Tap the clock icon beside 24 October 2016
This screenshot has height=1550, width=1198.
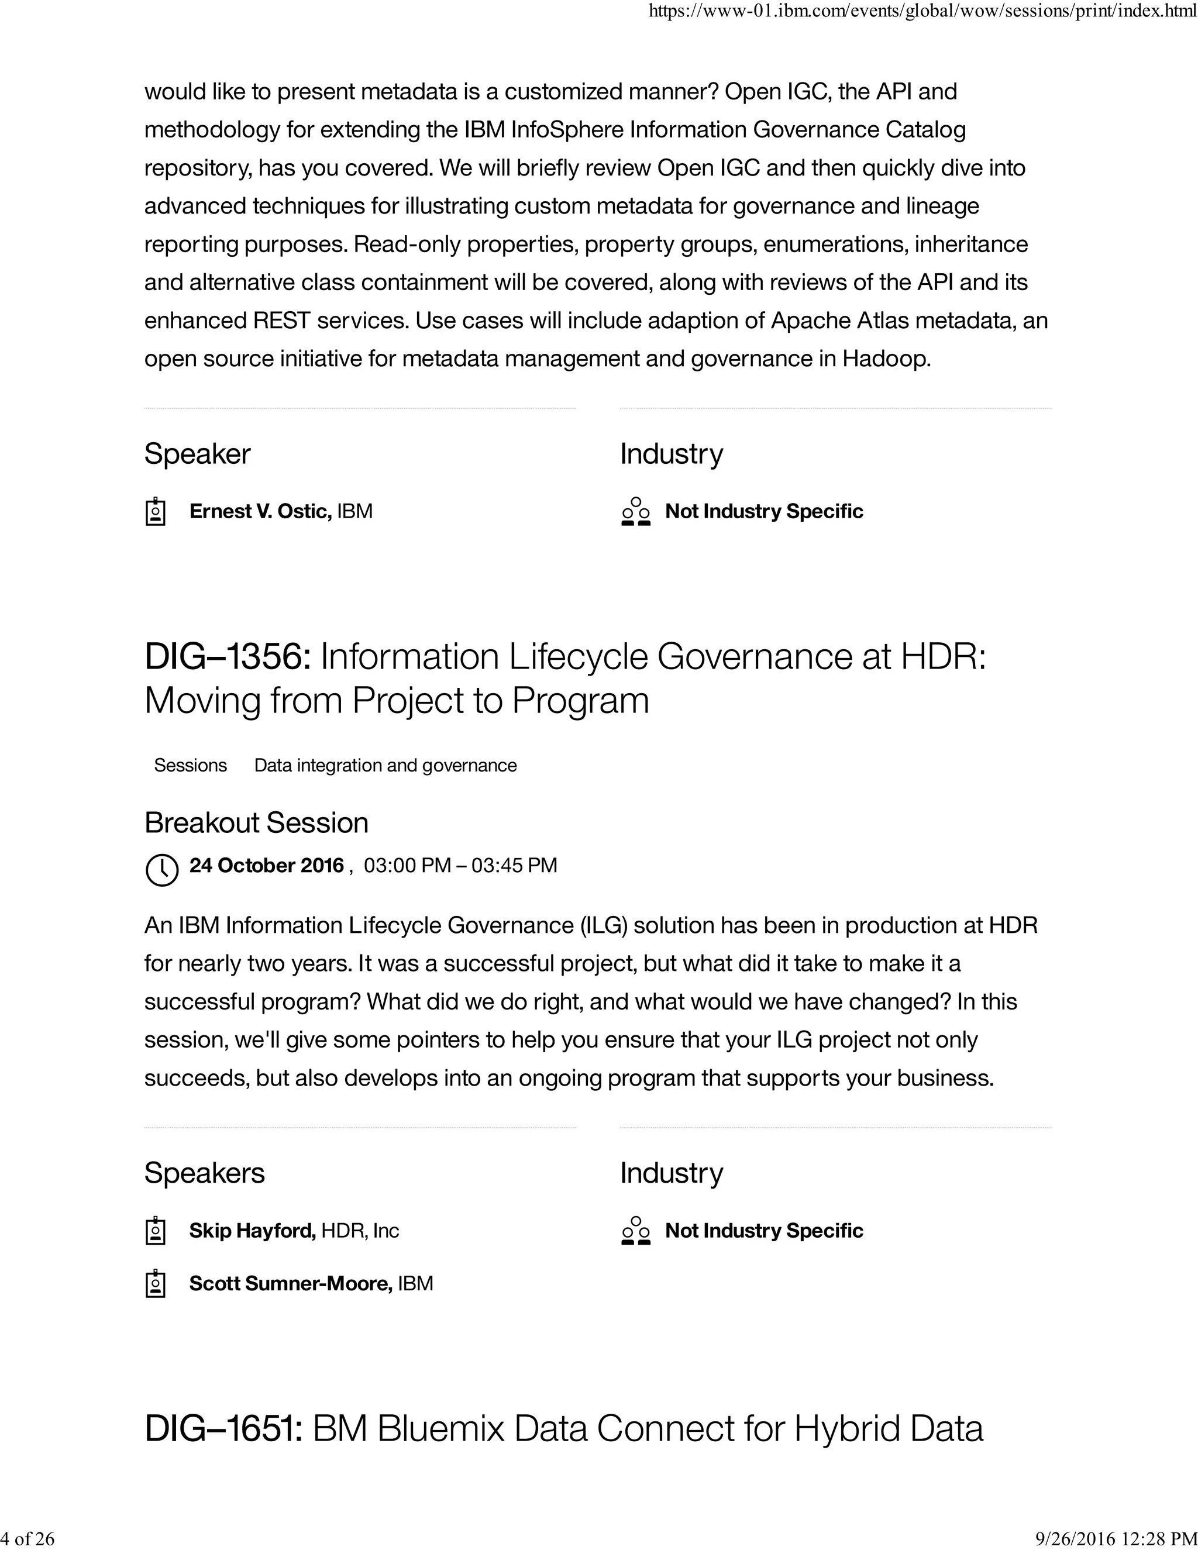click(162, 869)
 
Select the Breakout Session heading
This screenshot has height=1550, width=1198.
click(256, 822)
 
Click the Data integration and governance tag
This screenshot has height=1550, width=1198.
click(385, 765)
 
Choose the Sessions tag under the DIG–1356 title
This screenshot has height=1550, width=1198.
click(190, 765)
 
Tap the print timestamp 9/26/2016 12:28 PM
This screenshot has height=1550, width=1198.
click(1116, 1538)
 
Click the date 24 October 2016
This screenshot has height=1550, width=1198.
click(266, 865)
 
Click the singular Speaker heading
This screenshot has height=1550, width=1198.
click(197, 453)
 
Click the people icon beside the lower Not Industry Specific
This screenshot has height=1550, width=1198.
click(635, 1231)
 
